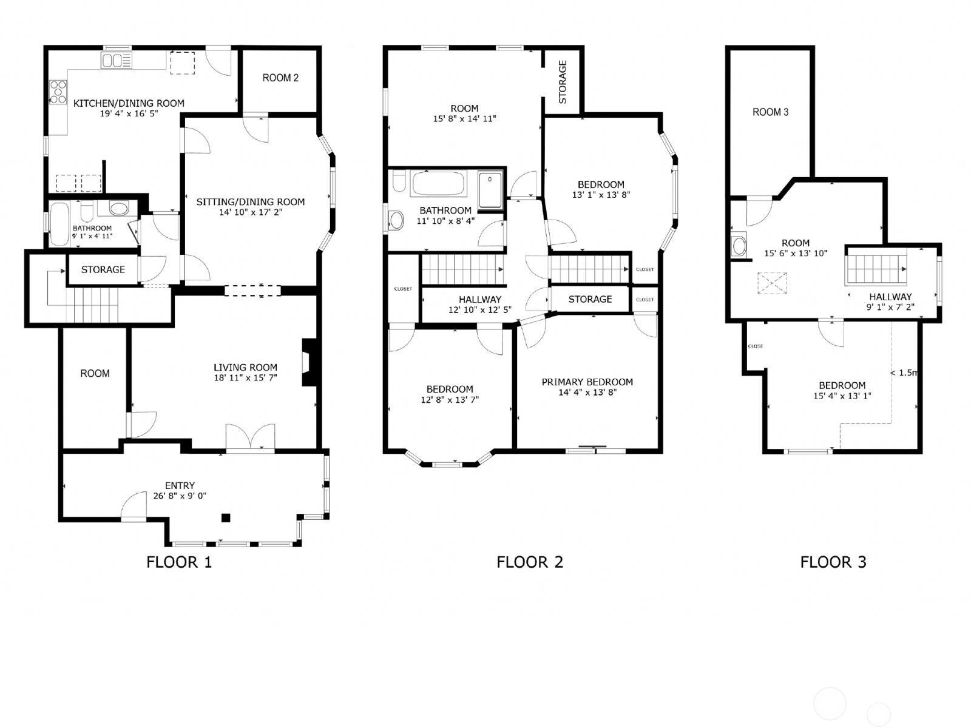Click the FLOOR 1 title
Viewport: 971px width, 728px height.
[179, 562]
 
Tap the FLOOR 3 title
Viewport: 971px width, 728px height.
[833, 562]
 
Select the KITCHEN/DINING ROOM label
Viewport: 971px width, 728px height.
[129, 103]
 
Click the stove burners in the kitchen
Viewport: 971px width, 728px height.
[58, 92]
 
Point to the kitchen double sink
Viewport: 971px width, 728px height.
[117, 60]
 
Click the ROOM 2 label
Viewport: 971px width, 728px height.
[280, 78]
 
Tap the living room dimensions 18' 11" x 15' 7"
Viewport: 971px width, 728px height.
[246, 378]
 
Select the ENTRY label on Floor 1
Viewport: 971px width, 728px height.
[180, 485]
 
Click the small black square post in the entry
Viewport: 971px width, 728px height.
[226, 517]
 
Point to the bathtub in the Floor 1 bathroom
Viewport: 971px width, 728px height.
[59, 224]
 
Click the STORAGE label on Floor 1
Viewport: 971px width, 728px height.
[103, 269]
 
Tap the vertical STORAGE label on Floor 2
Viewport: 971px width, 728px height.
[563, 83]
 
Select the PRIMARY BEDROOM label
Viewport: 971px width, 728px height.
[587, 382]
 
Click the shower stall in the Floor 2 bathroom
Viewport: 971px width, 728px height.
[490, 190]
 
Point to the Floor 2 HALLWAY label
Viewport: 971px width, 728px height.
[480, 300]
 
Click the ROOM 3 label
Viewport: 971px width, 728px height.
[771, 112]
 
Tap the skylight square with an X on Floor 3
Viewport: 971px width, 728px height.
[773, 283]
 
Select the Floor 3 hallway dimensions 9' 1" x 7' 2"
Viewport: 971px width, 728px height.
[890, 307]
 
